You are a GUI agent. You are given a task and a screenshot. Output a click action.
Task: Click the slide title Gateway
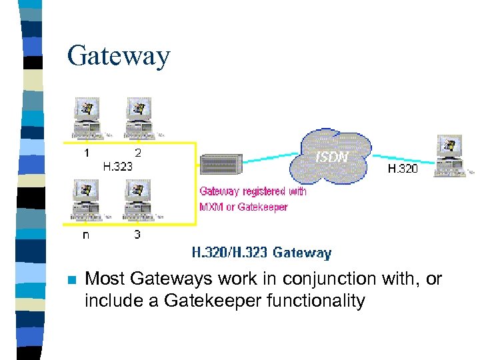click(x=119, y=56)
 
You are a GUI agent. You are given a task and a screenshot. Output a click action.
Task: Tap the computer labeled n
click(x=87, y=200)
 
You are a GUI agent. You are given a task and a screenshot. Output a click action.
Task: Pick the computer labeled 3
click(x=139, y=200)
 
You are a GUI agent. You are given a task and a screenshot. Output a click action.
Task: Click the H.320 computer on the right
click(x=451, y=156)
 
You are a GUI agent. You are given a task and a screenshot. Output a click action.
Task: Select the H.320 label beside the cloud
click(x=403, y=169)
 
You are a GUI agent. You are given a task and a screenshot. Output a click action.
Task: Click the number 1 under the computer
click(x=87, y=153)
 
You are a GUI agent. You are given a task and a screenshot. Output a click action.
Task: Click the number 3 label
click(x=137, y=234)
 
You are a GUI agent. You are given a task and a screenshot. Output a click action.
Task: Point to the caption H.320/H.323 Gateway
click(x=261, y=253)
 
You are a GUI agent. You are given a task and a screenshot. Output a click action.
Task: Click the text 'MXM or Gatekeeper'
click(x=243, y=207)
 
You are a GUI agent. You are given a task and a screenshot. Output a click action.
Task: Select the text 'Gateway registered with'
click(x=253, y=191)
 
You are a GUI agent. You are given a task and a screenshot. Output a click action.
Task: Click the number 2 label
click(x=138, y=153)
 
